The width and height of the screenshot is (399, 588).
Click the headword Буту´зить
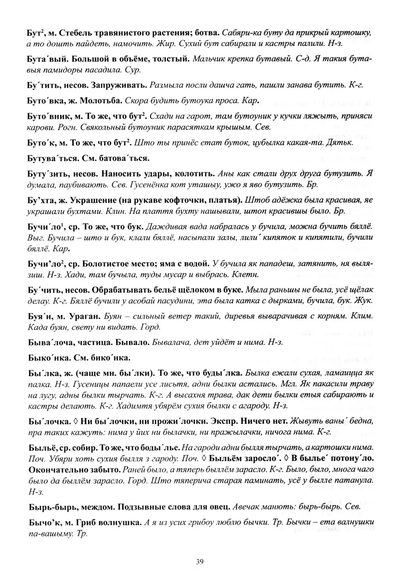coord(47,173)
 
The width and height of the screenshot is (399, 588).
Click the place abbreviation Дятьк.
coord(341,143)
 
